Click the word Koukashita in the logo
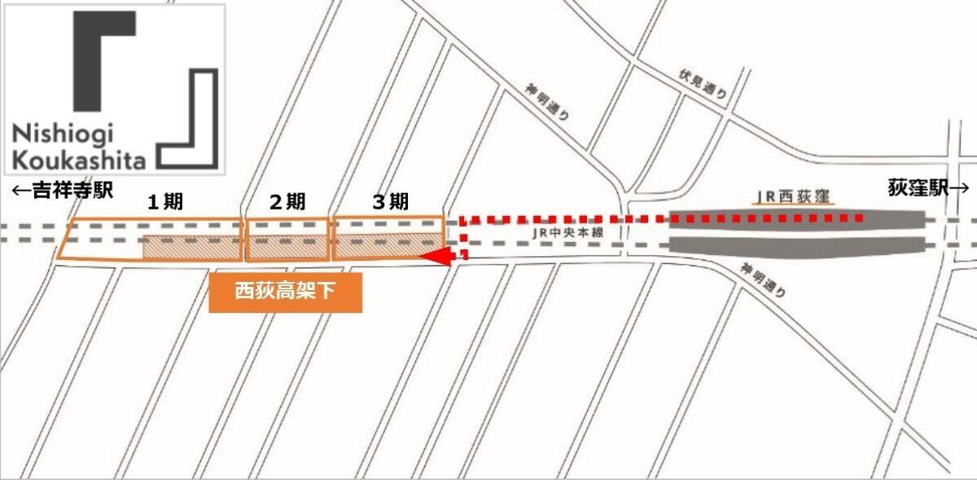pyautogui.click(x=79, y=157)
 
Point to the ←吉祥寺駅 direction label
pyautogui.click(x=61, y=192)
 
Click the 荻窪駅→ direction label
pyautogui.click(x=927, y=187)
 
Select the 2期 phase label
pyautogui.click(x=287, y=203)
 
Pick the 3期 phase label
pyautogui.click(x=390, y=203)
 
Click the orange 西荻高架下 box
pyautogui.click(x=285, y=292)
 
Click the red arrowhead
pyautogui.click(x=436, y=258)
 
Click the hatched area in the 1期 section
pyautogui.click(x=192, y=248)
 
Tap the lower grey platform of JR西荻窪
pyautogui.click(x=798, y=244)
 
